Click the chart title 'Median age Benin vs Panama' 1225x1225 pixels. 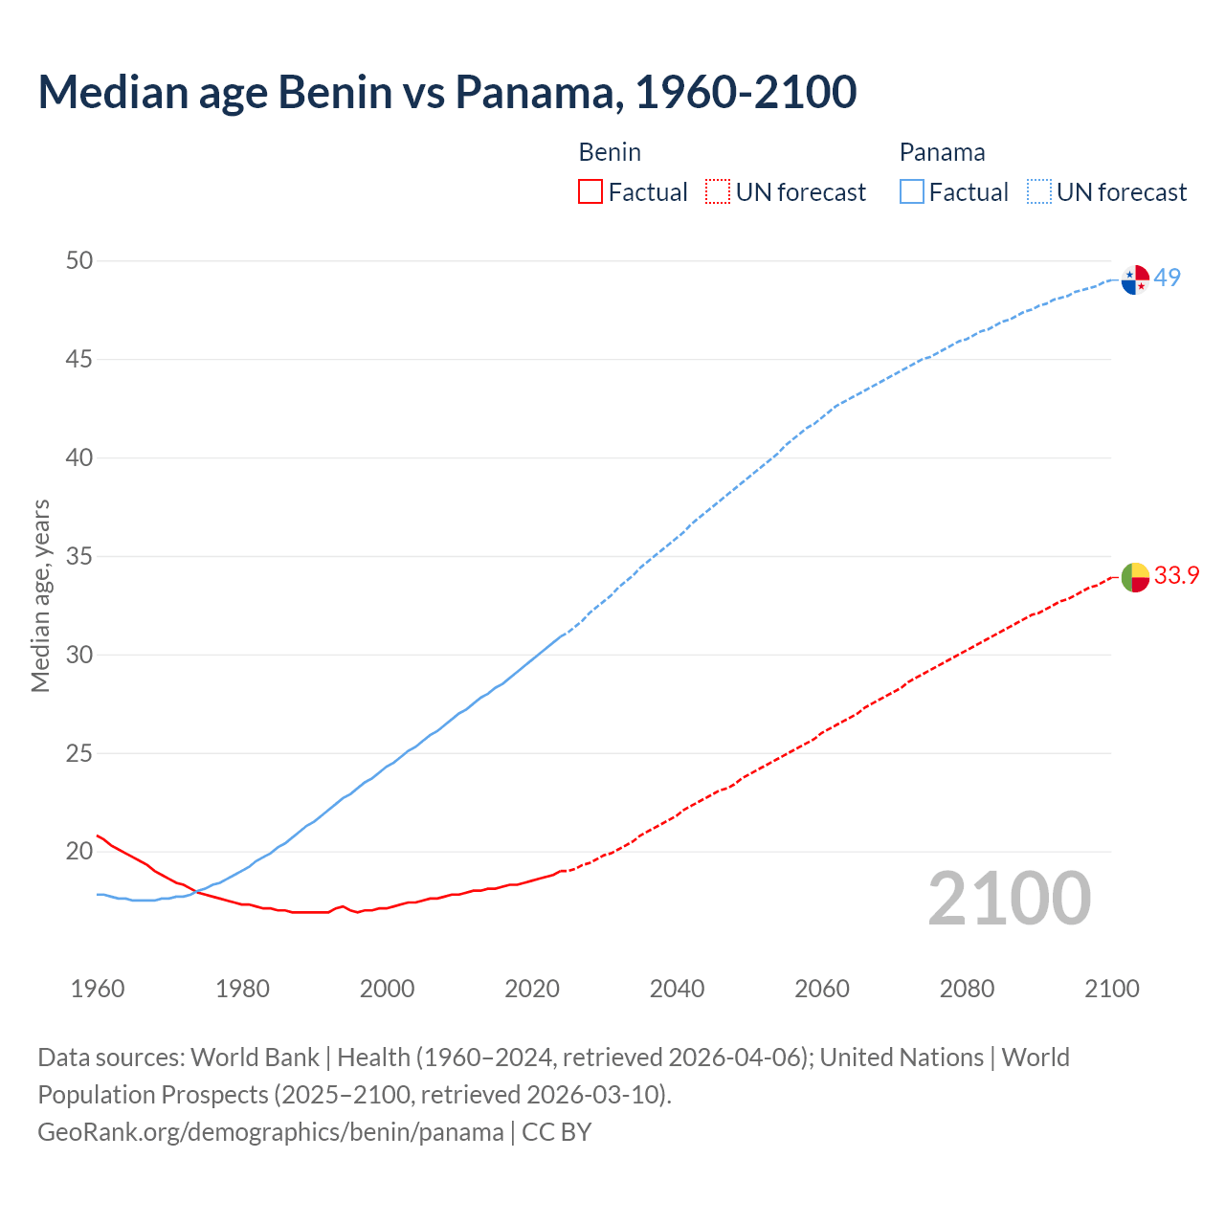[446, 92]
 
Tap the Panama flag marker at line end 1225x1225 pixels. [1135, 279]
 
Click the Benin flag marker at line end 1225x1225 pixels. [1135, 577]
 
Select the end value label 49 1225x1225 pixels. [1167, 278]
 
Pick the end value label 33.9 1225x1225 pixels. [1176, 575]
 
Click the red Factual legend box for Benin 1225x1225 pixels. [590, 192]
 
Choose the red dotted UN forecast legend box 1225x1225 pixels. [718, 192]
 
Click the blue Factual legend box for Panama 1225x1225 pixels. [912, 192]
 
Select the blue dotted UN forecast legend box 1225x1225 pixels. [1039, 192]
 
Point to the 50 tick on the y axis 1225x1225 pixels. [80, 261]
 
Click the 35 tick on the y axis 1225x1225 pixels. [80, 556]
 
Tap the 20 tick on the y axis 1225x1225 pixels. [80, 851]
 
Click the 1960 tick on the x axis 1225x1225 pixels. [98, 989]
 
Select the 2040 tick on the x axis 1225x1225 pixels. [677, 989]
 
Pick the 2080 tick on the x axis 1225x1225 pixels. [967, 989]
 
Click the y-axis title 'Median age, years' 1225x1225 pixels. [40, 595]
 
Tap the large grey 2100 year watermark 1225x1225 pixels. [1009, 899]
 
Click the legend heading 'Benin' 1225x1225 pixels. [610, 152]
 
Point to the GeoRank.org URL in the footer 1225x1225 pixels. [270, 1132]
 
